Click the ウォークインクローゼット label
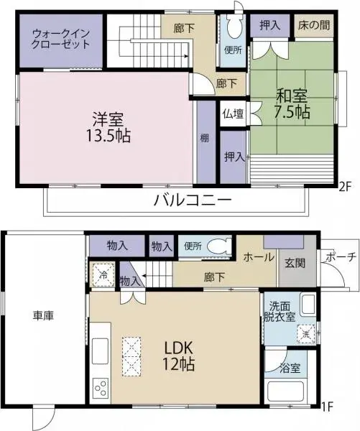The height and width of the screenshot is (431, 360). pos(61,38)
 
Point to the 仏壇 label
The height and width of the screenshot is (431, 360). pos(232,113)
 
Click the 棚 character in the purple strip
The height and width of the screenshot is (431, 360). pos(206,138)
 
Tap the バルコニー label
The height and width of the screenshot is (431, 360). pos(192,200)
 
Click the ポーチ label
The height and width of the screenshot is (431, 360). pos(338,257)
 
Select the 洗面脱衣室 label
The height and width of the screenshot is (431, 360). pos(281,309)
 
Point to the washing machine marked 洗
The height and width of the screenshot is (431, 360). pos(305,333)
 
